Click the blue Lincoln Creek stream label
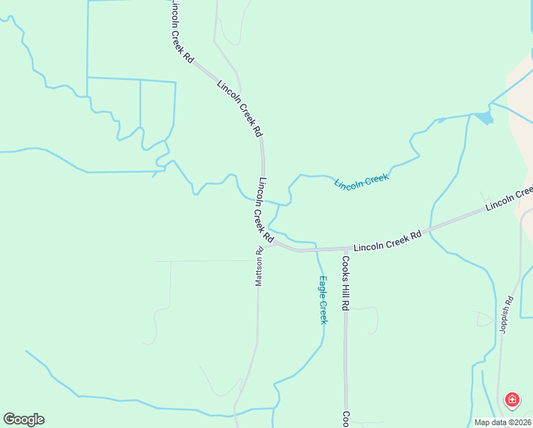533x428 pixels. click(362, 180)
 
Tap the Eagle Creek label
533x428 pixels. click(323, 300)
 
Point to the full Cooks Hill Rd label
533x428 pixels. click(345, 283)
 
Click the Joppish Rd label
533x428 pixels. click(507, 311)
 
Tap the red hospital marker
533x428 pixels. click(512, 400)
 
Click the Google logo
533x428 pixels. click(24, 419)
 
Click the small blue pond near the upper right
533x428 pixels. click(484, 118)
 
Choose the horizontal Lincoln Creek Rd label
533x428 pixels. click(388, 240)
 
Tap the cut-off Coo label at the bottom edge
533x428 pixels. click(345, 419)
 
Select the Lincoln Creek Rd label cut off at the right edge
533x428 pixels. click(509, 198)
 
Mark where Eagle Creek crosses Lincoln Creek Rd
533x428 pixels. click(316, 250)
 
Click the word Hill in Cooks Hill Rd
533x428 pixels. click(345, 285)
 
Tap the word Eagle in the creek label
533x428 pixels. click(323, 287)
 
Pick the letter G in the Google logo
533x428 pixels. click(9, 419)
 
